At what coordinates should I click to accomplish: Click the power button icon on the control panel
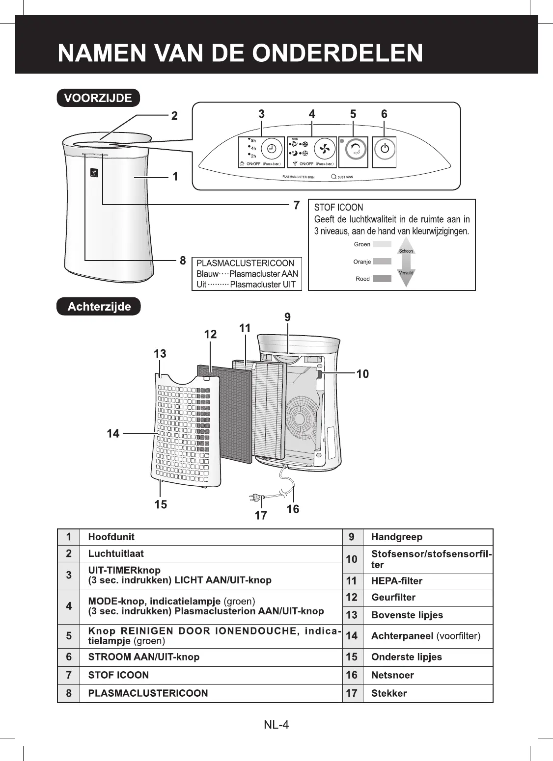(x=385, y=149)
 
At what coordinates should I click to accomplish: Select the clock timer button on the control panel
(x=272, y=149)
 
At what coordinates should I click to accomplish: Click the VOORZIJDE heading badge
(x=99, y=98)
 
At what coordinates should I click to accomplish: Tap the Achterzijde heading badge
(x=99, y=307)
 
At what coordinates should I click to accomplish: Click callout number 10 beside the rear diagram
(x=362, y=374)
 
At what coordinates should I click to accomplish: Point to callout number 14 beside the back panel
(x=113, y=433)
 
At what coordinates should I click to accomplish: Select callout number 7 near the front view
(x=296, y=205)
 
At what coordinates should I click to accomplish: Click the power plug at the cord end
(x=256, y=498)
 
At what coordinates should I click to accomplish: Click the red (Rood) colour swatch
(x=382, y=279)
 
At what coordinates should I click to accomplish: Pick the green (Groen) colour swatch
(x=382, y=244)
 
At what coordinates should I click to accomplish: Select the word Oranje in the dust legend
(x=362, y=262)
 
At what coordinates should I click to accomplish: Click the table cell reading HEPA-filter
(x=397, y=581)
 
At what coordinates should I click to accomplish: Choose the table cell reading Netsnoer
(x=392, y=675)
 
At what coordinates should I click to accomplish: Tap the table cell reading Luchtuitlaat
(x=116, y=553)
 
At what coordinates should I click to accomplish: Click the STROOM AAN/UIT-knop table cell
(x=143, y=657)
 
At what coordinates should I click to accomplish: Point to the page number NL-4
(x=276, y=725)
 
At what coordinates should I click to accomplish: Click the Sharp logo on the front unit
(x=94, y=173)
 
